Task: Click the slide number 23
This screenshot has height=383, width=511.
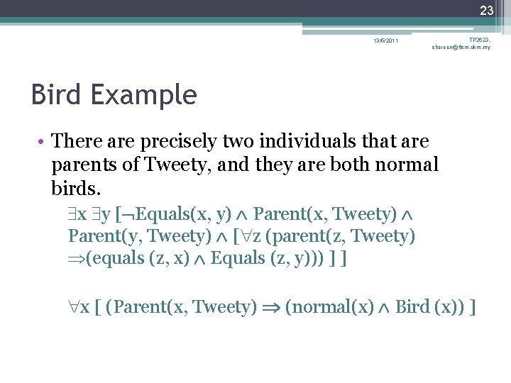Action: tap(486, 11)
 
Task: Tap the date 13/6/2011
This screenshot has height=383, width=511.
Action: tap(386, 40)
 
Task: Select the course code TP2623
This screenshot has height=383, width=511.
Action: tap(479, 40)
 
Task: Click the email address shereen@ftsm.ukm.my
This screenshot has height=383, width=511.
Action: tap(461, 48)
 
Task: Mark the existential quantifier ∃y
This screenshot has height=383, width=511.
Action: tap(101, 213)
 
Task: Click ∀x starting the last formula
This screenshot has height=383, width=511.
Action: tap(79, 307)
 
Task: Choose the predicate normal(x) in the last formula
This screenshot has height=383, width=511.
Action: tap(329, 307)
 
